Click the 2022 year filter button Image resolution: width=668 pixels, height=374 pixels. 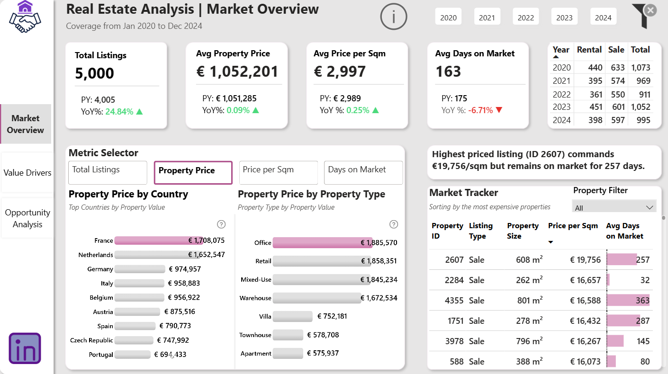526,17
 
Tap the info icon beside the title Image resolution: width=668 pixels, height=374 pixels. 394,17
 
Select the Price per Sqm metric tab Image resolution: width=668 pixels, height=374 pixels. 278,172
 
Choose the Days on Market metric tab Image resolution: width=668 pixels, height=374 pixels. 363,172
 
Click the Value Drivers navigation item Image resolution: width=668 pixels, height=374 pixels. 27,172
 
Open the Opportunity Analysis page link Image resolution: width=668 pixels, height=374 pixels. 27,218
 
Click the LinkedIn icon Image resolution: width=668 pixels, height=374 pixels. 25,348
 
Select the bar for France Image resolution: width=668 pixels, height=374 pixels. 159,240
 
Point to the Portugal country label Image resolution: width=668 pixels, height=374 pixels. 101,355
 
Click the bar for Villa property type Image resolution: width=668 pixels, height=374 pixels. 293,316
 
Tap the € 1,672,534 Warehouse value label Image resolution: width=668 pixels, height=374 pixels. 379,298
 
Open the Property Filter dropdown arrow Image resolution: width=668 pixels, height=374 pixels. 650,208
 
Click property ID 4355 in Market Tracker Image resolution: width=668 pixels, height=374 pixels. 454,301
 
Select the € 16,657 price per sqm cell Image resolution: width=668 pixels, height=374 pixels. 585,280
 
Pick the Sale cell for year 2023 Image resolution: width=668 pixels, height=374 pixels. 618,107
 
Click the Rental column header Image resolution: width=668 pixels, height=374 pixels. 589,49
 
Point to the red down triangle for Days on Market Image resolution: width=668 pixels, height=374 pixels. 499,110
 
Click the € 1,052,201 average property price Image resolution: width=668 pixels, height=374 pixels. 237,71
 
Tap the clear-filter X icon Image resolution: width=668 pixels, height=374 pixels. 650,10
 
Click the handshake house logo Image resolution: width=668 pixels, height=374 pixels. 25,17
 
